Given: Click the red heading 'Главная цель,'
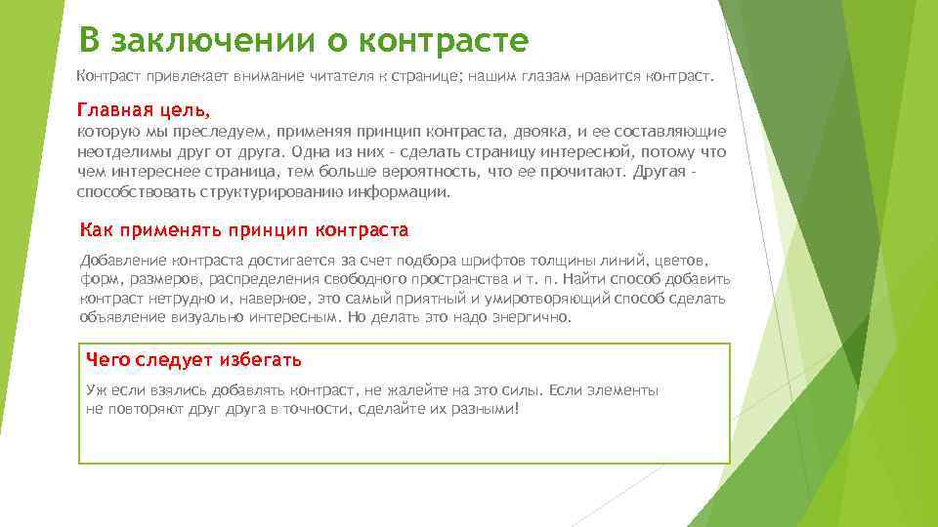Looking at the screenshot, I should point(144,109).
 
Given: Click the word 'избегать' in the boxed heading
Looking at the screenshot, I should point(255,359).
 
